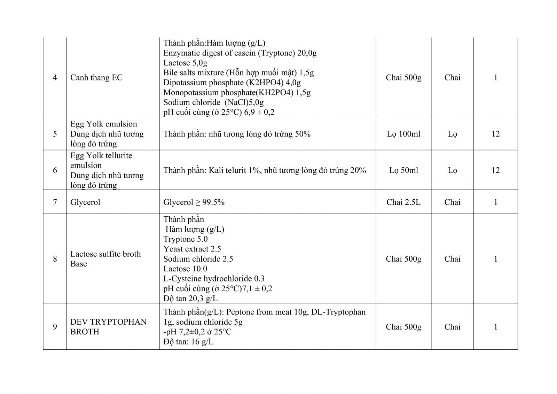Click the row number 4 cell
point(55,77)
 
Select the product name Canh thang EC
point(96,77)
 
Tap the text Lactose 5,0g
point(185,63)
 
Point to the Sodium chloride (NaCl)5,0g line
point(213,102)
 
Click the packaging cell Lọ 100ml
point(403,134)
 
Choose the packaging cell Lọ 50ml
point(403,170)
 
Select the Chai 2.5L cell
point(403,202)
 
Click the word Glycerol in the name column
point(85,202)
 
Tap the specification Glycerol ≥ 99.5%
point(194,202)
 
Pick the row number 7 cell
point(55,202)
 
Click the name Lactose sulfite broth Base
point(105,258)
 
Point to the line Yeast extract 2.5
point(192,249)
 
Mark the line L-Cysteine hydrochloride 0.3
point(214,278)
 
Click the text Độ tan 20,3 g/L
point(190,298)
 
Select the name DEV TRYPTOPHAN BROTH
point(108,326)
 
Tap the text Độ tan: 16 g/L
point(188,341)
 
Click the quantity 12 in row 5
point(495,134)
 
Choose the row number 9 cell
point(55,326)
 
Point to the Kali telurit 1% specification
point(265,170)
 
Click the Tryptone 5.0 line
point(186,239)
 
